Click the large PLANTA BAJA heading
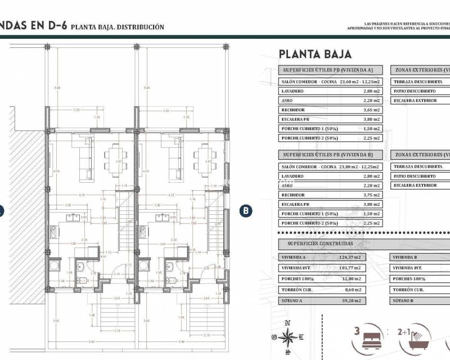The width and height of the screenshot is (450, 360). (315, 54)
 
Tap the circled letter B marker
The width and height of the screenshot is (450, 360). (246, 211)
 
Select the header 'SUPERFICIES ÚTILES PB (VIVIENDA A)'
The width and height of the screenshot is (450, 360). (330, 70)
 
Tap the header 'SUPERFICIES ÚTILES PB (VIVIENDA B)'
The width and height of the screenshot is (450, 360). (330, 154)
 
